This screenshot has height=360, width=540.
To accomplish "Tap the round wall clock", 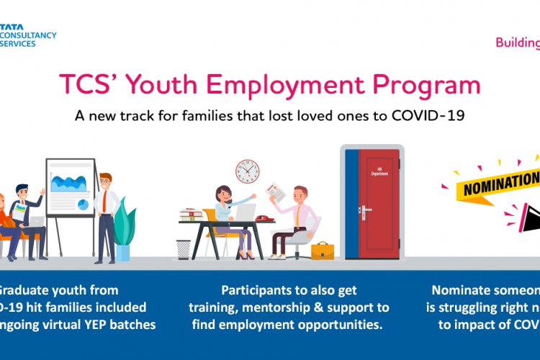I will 247,171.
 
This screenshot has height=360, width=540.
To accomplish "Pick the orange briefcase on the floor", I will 322,250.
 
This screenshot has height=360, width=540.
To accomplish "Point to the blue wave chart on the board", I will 69,180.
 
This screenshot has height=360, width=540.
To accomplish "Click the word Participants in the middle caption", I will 254,290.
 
